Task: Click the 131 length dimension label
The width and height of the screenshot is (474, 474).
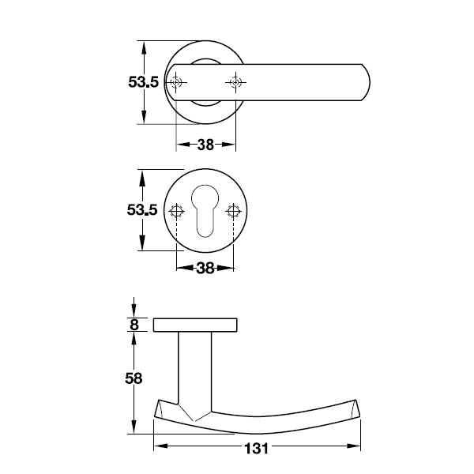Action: pos(256,449)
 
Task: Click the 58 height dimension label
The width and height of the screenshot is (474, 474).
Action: pos(134,378)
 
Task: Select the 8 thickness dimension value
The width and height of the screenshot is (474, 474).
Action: pos(134,325)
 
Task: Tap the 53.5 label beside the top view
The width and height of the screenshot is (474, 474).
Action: pos(143,82)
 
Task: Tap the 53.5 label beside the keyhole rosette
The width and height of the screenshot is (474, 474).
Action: pos(142,210)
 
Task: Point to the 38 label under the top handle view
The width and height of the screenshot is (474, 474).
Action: pos(205,145)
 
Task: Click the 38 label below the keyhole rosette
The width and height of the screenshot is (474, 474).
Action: pos(205,268)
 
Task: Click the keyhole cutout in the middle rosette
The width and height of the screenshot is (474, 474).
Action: pos(205,211)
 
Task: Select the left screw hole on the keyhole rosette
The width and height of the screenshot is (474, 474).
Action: pos(176,211)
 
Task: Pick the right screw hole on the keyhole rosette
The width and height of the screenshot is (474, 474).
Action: pos(233,211)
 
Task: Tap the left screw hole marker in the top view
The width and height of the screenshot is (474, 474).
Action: pos(176,82)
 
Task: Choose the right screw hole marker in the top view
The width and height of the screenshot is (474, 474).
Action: pos(235,82)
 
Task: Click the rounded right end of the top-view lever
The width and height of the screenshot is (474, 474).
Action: pos(366,82)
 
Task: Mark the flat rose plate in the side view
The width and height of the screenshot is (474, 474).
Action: pos(195,325)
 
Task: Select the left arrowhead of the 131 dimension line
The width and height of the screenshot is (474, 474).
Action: pos(161,446)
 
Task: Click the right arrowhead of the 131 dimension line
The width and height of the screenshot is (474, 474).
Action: pos(354,446)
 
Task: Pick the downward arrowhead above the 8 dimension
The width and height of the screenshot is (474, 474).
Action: pos(134,311)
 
